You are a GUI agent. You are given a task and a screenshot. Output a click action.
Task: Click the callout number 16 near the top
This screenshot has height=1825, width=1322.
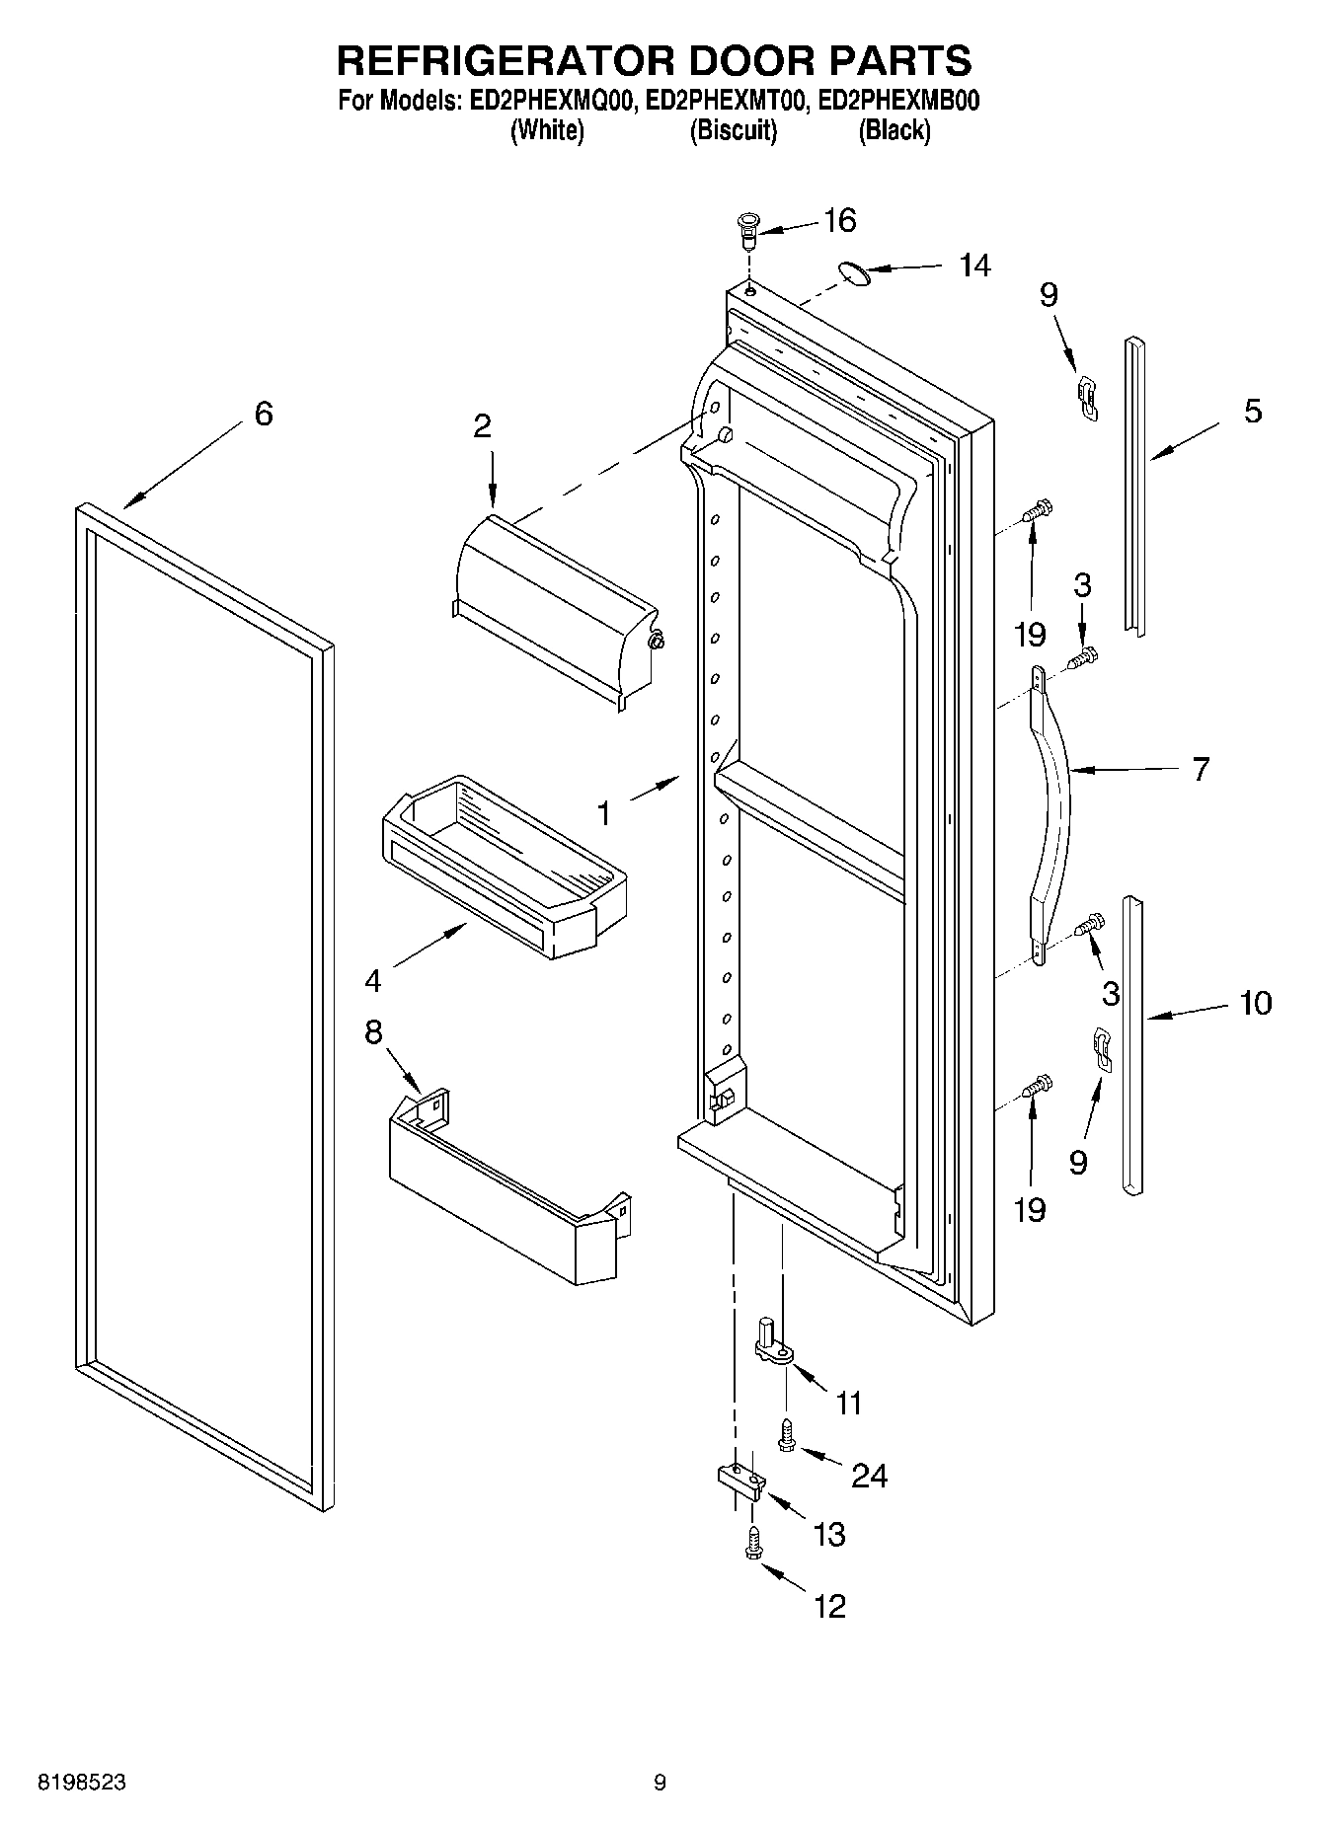click(839, 220)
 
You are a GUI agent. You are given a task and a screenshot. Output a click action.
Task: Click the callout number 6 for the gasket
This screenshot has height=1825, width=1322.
click(263, 414)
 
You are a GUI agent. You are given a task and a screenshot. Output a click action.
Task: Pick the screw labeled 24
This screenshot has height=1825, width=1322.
click(788, 1435)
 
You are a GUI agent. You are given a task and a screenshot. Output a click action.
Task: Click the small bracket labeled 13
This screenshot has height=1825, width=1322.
click(739, 1481)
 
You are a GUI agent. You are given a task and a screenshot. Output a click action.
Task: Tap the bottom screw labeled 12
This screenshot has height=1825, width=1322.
click(754, 1544)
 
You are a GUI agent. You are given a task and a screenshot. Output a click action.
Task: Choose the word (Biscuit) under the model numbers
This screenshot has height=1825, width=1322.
click(733, 130)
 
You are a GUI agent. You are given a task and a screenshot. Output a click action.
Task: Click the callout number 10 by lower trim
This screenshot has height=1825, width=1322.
click(1255, 1004)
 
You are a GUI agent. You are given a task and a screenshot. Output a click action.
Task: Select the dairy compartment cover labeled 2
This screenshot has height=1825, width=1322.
click(553, 612)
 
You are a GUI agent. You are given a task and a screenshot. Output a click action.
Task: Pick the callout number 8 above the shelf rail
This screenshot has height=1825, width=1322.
click(372, 1033)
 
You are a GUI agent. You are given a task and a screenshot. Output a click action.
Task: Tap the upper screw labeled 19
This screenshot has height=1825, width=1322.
click(1036, 511)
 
